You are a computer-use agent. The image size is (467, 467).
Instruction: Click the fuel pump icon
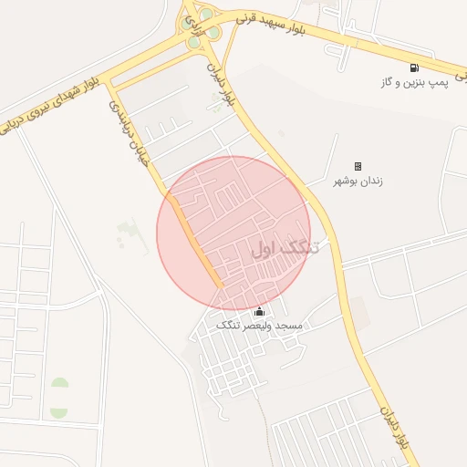point(414,67)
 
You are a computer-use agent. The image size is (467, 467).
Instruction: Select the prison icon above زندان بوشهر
point(358,166)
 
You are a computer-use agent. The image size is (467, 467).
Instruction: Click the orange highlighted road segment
point(196,240)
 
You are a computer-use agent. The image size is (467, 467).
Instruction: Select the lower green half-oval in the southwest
point(59,411)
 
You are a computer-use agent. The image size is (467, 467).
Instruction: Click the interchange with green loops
point(202,27)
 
